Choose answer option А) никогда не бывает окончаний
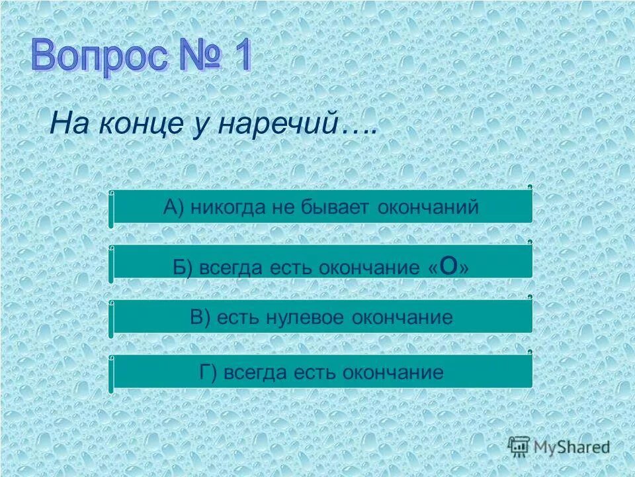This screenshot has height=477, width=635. [x=321, y=207]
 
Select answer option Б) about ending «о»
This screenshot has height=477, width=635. [x=321, y=265]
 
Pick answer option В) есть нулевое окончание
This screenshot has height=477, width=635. [x=321, y=318]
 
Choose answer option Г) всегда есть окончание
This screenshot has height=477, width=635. [x=321, y=372]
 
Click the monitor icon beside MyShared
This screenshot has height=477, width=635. [x=519, y=447]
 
